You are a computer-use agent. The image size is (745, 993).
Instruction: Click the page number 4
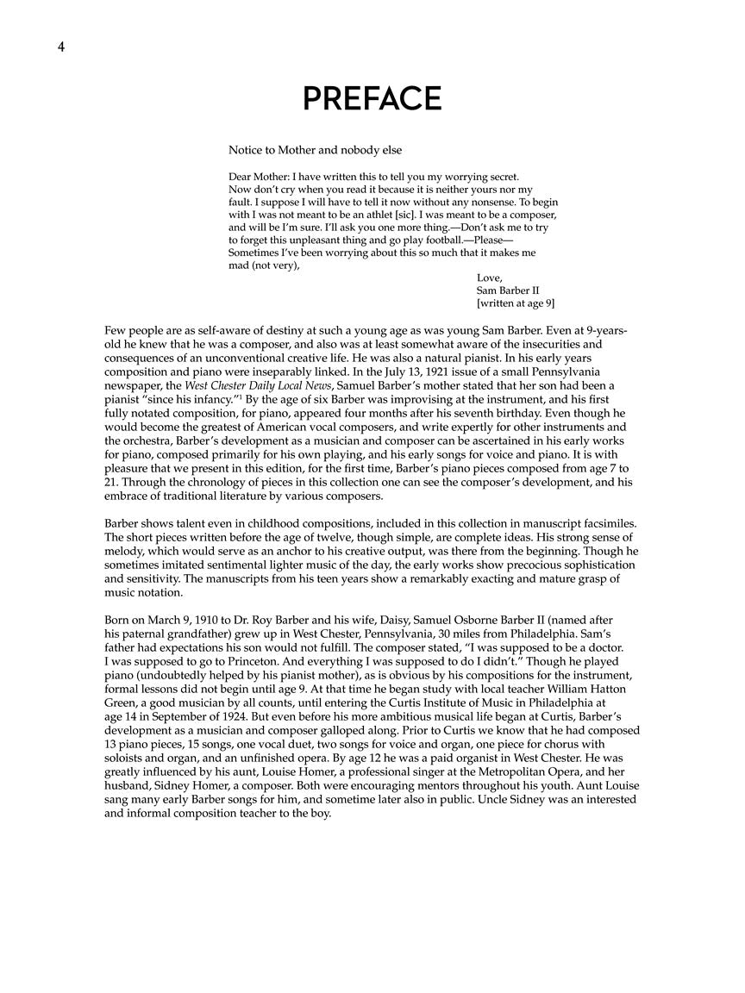click(x=61, y=47)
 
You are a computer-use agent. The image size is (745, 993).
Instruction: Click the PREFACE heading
click(x=372, y=99)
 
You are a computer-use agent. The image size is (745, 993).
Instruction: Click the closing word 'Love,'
click(x=489, y=278)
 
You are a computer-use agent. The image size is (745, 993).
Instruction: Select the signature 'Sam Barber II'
click(x=507, y=290)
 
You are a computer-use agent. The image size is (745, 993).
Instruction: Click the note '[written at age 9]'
click(x=515, y=303)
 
